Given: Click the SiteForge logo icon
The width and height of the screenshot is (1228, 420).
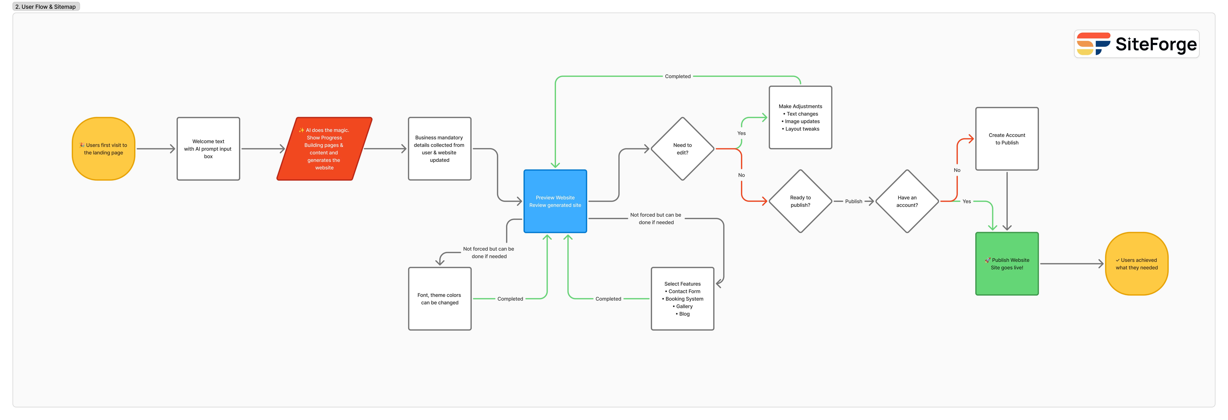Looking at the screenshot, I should pyautogui.click(x=1093, y=44).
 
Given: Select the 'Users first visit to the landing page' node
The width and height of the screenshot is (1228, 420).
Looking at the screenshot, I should pyautogui.click(x=103, y=149).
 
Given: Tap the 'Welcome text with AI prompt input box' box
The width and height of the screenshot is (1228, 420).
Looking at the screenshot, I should pyautogui.click(x=208, y=149).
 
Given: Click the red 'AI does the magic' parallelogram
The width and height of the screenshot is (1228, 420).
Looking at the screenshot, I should pyautogui.click(x=324, y=149).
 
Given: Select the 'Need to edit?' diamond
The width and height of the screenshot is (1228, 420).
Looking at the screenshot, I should pyautogui.click(x=682, y=149).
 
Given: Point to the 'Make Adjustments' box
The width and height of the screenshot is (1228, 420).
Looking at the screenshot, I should pyautogui.click(x=800, y=117).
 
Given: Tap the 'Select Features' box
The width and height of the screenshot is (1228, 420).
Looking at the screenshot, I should pyautogui.click(x=682, y=299).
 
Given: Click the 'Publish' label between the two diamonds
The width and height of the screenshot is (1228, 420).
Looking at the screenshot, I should pyautogui.click(x=853, y=201).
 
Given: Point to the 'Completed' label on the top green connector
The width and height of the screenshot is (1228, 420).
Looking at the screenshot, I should pyautogui.click(x=677, y=76).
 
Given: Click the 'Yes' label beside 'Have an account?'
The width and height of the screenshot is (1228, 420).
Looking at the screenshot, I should pyautogui.click(x=966, y=201).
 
